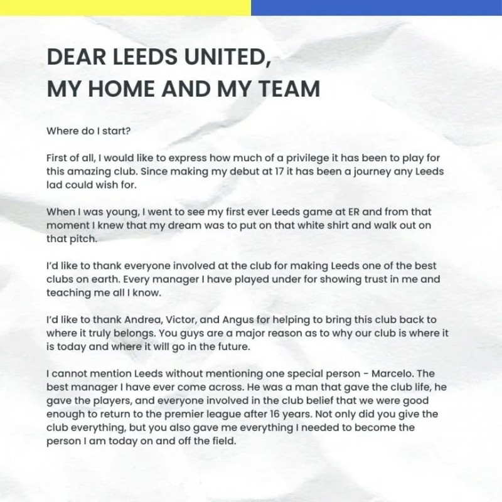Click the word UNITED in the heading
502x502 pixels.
click(220, 58)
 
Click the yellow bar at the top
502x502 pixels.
click(125, 8)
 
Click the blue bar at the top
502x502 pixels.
click(376, 8)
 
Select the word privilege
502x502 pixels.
click(294, 158)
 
